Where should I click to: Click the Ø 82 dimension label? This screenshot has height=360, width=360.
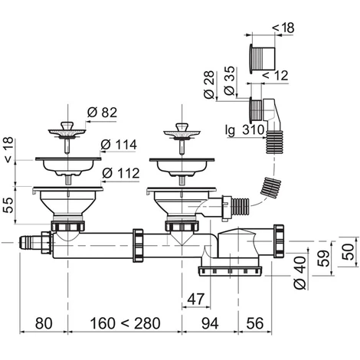tap(102, 113)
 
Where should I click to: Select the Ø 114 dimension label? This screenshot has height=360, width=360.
tap(119, 145)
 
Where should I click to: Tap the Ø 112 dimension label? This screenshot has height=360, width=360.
tap(120, 173)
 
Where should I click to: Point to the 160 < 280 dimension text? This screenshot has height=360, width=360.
tap(125, 323)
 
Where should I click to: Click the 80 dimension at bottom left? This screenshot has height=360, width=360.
tap(44, 323)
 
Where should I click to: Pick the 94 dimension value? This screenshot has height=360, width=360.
tap(210, 323)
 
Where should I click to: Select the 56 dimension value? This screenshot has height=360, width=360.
tap(255, 323)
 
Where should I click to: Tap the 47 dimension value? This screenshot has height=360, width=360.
tap(196, 299)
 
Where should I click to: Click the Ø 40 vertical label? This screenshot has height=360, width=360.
tap(299, 273)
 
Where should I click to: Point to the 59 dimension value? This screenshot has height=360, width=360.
tap(325, 258)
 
